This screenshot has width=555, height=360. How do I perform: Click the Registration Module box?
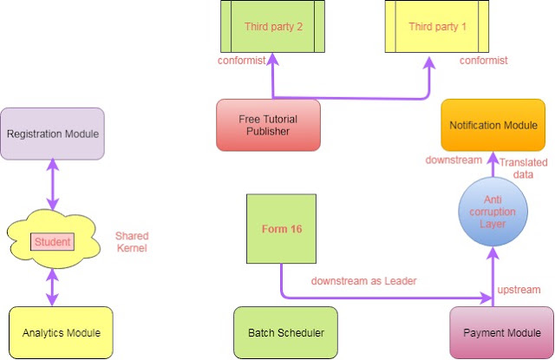click(52, 134)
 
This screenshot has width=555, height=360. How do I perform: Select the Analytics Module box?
click(61, 332)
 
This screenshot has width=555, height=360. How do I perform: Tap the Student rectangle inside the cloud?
click(52, 242)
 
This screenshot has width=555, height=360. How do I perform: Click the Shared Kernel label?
click(132, 242)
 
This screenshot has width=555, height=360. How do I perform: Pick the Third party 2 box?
click(272, 27)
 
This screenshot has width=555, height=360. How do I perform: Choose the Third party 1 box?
click(437, 27)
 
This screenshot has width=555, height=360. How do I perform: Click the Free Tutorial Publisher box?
click(268, 125)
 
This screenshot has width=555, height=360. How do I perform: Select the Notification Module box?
click(493, 125)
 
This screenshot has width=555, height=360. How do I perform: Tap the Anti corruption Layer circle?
click(493, 212)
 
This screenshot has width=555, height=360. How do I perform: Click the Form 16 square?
click(281, 229)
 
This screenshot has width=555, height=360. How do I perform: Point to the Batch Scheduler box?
click(285, 332)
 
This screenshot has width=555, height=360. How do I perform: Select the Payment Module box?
click(501, 332)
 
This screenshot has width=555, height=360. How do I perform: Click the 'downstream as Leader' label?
click(364, 281)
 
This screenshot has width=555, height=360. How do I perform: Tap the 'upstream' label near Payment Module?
click(519, 290)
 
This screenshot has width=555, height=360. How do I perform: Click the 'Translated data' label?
click(523, 168)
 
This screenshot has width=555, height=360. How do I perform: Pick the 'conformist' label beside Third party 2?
click(241, 61)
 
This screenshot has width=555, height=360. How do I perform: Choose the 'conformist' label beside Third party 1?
click(484, 61)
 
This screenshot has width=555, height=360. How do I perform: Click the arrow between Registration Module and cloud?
click(53, 184)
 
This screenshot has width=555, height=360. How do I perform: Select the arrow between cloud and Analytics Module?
click(52, 287)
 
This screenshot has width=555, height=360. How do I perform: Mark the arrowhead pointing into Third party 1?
click(429, 62)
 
